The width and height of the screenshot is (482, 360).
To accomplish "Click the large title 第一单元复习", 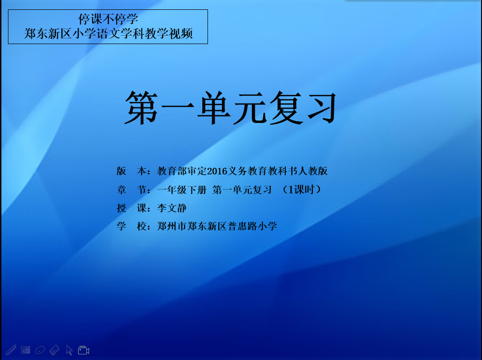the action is tap(230, 108).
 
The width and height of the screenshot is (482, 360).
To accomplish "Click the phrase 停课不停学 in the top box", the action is tap(108, 19).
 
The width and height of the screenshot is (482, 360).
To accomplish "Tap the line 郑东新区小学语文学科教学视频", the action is tap(108, 34).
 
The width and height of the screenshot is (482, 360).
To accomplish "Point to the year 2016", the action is tap(217, 171).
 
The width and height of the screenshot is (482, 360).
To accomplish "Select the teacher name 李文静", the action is tap(172, 208).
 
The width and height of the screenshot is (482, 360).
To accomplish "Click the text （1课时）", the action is tap(301, 189).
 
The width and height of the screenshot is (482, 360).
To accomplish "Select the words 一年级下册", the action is tap(182, 189).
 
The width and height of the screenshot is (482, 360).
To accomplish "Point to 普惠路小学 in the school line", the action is tap(252, 226).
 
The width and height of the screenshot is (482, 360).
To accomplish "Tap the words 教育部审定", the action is tap(182, 171).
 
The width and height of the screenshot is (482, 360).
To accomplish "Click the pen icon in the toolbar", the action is tap(11, 350).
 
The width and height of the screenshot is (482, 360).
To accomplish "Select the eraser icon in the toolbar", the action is tap(54, 350).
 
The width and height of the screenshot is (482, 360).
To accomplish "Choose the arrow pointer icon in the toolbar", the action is tap(69, 350).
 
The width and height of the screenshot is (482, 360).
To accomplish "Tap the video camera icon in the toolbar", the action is tap(83, 350).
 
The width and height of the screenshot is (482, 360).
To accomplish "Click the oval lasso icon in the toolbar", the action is tap(40, 350).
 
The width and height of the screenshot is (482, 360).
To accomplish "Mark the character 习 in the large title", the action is tap(322, 108).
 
